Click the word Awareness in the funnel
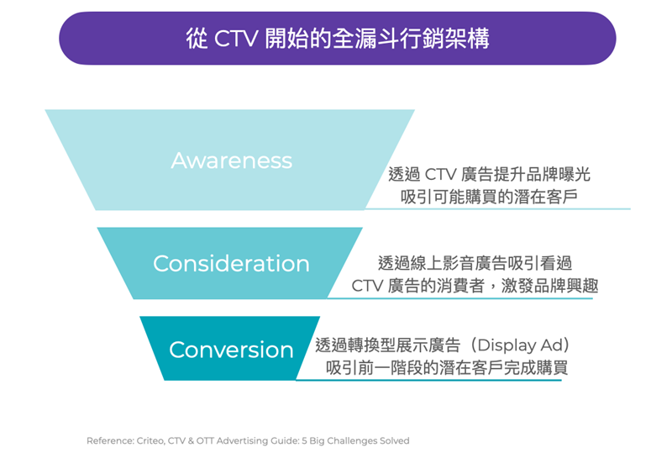pyautogui.click(x=232, y=161)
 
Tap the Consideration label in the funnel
pyautogui.click(x=232, y=263)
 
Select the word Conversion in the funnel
pyautogui.click(x=232, y=350)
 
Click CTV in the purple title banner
pyautogui.click(x=236, y=38)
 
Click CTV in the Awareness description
pyautogui.click(x=440, y=175)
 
